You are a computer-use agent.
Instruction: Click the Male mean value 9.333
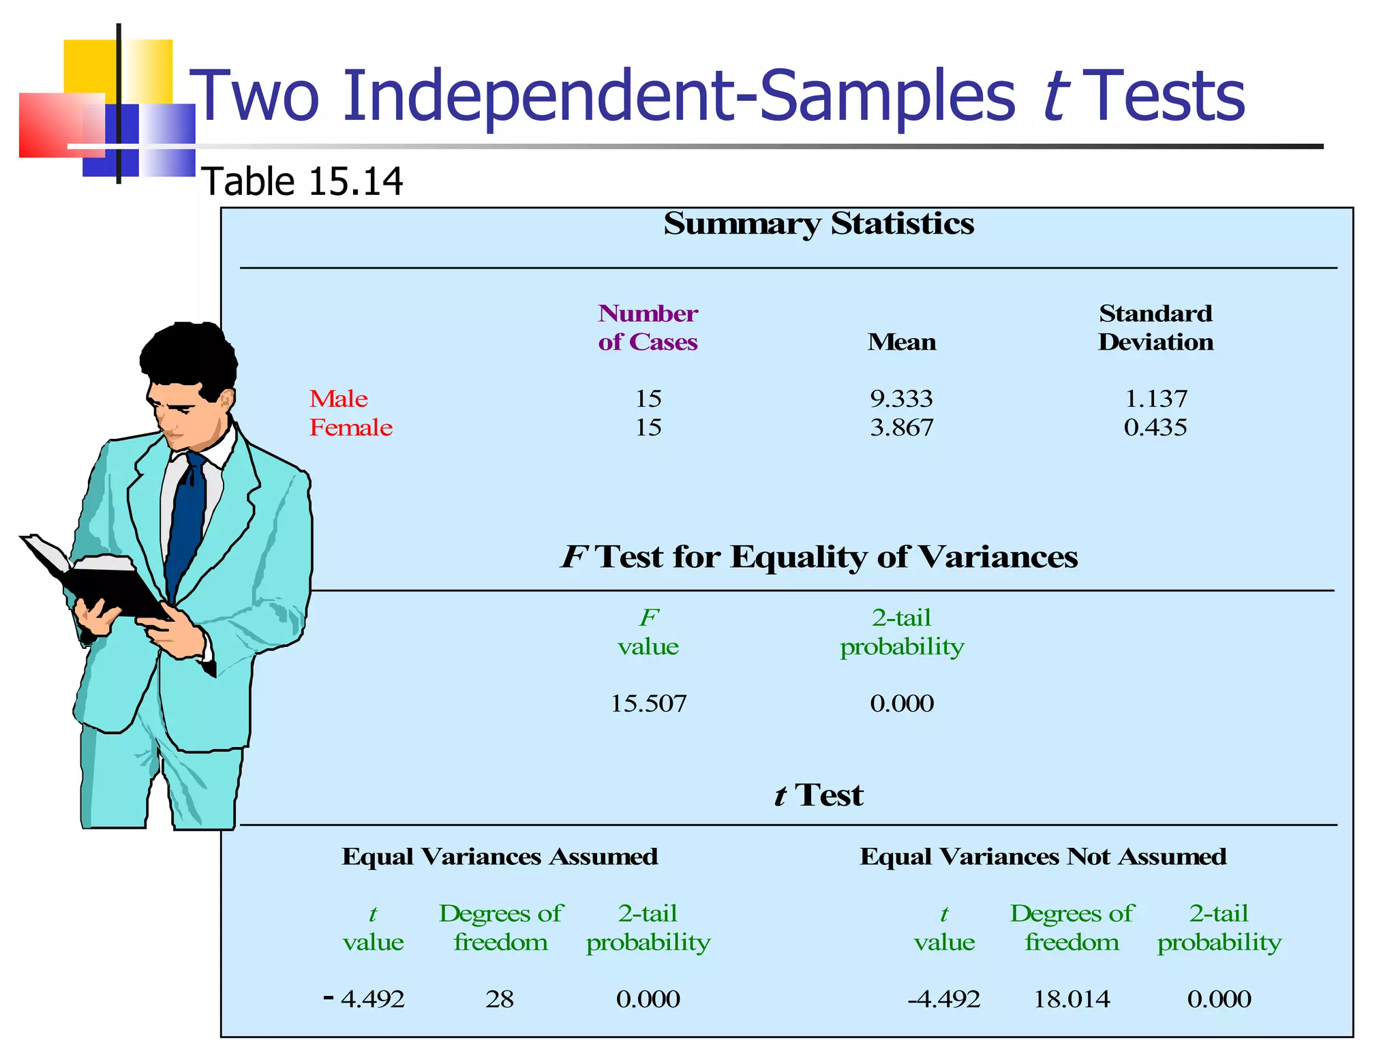click(x=901, y=399)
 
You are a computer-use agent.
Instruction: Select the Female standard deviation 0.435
click(x=1155, y=427)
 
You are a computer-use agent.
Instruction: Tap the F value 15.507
click(x=648, y=703)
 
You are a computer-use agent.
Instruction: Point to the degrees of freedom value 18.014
click(x=1072, y=999)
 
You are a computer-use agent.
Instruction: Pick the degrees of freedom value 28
click(x=500, y=999)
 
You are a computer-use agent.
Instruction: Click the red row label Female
click(x=351, y=427)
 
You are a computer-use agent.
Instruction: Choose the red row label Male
click(x=339, y=399)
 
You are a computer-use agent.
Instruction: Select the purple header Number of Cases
click(x=648, y=327)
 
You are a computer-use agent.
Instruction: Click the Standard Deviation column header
click(x=1155, y=327)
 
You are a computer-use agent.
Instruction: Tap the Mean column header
click(x=901, y=342)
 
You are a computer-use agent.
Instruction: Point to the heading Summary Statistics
click(x=819, y=224)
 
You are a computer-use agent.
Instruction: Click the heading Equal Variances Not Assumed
click(x=1043, y=856)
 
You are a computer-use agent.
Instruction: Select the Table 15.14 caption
click(x=303, y=182)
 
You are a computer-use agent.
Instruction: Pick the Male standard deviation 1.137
click(x=1155, y=399)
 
